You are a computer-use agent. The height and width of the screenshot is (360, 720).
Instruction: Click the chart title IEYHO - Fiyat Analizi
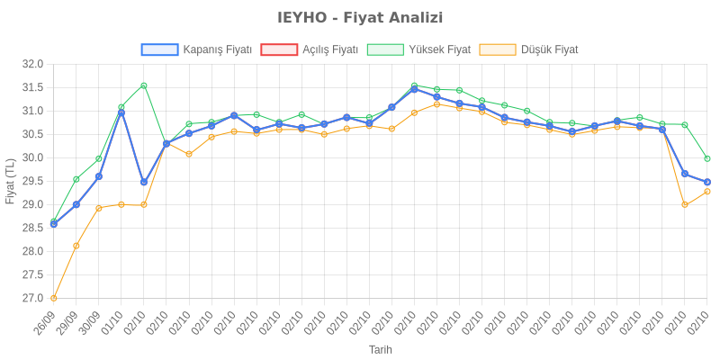click(360, 18)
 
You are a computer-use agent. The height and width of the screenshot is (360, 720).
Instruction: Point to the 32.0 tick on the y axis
click(32, 64)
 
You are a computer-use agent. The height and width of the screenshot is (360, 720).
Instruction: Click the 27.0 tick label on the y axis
click(32, 298)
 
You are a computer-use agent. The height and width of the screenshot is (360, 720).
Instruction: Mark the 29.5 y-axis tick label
click(32, 181)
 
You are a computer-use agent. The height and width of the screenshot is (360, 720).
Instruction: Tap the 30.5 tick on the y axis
click(32, 134)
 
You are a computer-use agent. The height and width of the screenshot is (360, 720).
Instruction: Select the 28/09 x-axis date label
click(45, 321)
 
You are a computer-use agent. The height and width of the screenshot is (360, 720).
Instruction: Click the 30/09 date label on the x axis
click(90, 321)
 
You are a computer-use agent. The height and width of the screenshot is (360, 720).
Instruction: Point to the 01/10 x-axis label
click(112, 321)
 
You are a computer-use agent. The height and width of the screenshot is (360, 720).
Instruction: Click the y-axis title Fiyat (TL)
click(11, 181)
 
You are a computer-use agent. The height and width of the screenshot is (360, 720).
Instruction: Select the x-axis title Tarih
click(380, 349)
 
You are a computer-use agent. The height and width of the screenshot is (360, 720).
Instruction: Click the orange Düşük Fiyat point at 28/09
click(54, 298)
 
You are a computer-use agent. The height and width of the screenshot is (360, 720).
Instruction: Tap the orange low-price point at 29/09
click(76, 246)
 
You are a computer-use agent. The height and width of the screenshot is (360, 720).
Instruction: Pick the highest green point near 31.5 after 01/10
click(144, 85)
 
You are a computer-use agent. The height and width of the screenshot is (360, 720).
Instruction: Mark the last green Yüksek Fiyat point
click(707, 158)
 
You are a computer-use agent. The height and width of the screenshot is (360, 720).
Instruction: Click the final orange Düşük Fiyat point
click(707, 192)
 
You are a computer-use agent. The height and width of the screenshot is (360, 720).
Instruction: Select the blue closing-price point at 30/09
click(99, 176)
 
